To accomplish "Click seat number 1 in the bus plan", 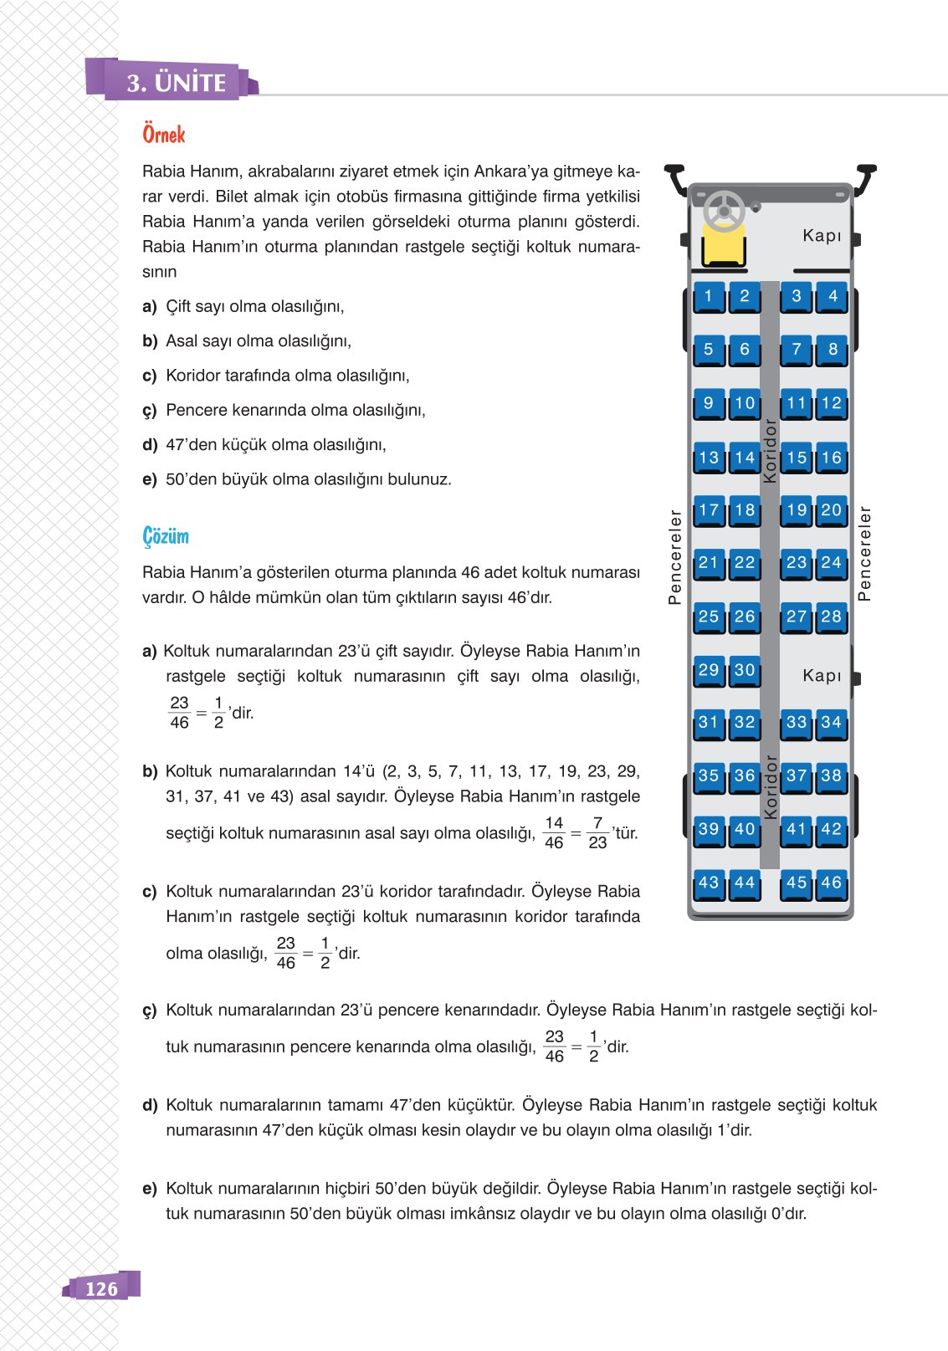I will coord(709,296).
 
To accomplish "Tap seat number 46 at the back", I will coord(831,883).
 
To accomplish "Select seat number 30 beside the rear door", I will coord(745,671).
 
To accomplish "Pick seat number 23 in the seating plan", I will coord(797,563).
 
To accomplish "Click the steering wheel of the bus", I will coord(724,211).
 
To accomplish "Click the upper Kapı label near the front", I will coord(822,236).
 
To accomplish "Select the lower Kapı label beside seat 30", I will coord(822,675).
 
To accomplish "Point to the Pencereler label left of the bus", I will coord(675,556).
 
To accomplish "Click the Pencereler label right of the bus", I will coord(865,554).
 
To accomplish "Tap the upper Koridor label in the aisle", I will coord(770,451).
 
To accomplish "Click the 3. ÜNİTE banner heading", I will coord(177,83).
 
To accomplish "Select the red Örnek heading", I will coord(164,135).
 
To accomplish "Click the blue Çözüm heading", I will coord(166,536).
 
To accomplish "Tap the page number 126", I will coord(101,1288).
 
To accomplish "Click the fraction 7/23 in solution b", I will coord(597,833).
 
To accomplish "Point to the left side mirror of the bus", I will coord(674,180).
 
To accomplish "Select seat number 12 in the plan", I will coord(831,404).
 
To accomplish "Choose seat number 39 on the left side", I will coord(709,830).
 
